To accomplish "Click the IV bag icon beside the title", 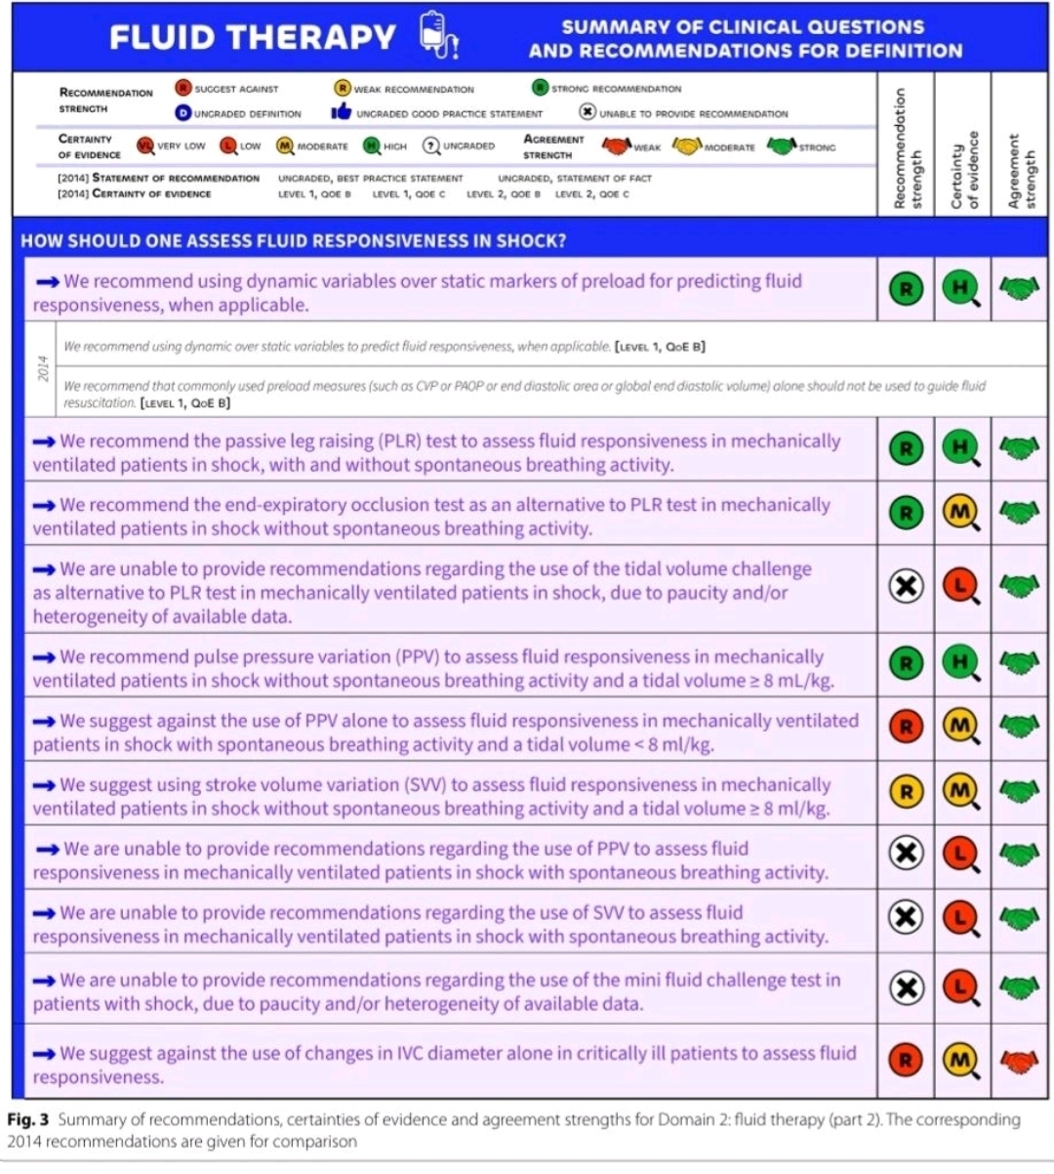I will click(438, 36).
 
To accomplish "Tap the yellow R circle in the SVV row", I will click(906, 793).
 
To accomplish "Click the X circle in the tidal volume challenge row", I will click(906, 587).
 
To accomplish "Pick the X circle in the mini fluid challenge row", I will click(906, 988).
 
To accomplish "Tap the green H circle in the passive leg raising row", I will click(960, 448).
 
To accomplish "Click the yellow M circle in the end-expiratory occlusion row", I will click(960, 512).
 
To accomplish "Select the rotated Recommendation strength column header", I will click(905, 148).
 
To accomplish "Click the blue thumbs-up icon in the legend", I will click(341, 113).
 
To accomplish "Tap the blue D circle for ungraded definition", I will click(182, 113).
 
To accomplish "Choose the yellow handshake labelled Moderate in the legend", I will click(689, 147).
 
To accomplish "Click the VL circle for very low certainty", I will click(144, 147).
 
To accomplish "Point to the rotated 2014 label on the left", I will click(43, 369).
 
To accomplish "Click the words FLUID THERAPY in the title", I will click(252, 37).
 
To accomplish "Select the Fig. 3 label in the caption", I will click(28, 1119).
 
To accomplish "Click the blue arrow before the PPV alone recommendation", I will click(45, 722).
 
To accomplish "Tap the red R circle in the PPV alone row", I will click(906, 726).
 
